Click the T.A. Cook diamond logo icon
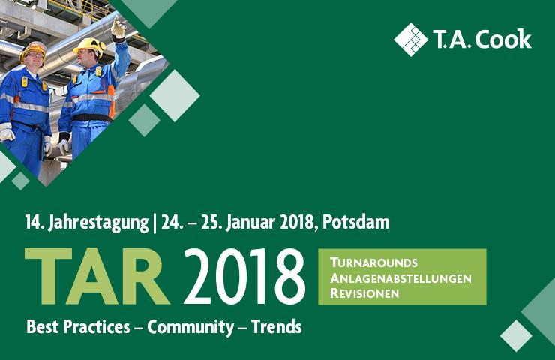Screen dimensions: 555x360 pos(410,40)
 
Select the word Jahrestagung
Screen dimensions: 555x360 pos(98,223)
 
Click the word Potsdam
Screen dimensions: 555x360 pos(356,222)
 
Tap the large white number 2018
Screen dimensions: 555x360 pos(244,277)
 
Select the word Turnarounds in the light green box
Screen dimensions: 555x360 pos(373,262)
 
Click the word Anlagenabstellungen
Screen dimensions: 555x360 pos(400,278)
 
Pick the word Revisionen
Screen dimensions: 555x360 pos(364,293)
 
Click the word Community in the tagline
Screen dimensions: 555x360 pos(190,327)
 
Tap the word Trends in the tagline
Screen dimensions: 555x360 pos(277,326)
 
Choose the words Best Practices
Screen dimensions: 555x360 pos(78,326)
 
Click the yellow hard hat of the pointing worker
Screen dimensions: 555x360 pos(90,46)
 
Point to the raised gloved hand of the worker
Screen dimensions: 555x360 pos(118,28)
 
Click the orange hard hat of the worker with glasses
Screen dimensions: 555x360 pos(34,50)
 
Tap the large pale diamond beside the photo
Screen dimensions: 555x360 pos(175,95)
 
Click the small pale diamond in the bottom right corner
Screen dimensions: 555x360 pos(516,335)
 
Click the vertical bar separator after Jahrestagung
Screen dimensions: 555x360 pos(154,223)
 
